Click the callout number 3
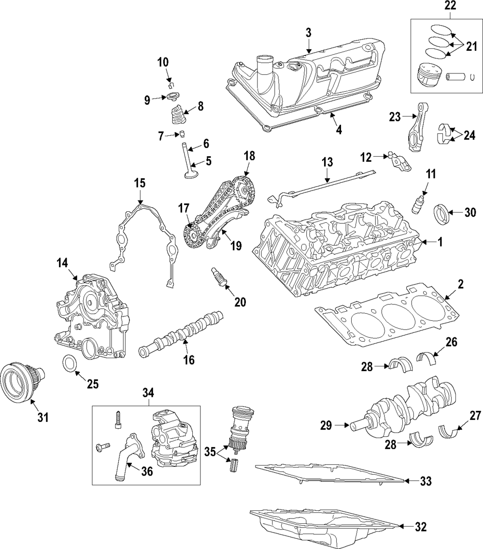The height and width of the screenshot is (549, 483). click(x=309, y=32)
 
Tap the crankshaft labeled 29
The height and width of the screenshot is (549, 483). click(x=411, y=404)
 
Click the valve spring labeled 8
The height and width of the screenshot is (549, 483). click(x=177, y=118)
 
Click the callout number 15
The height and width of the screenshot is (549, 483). click(x=140, y=183)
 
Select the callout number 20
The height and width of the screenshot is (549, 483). click(x=240, y=303)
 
